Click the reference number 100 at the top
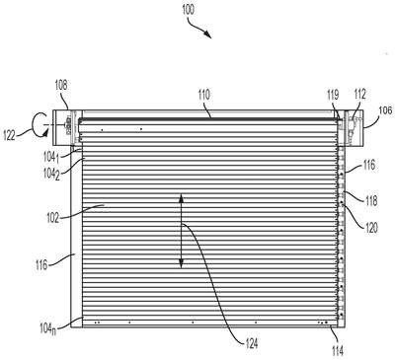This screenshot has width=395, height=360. pyautogui.click(x=188, y=10)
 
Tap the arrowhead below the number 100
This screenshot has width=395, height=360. pyautogui.click(x=207, y=34)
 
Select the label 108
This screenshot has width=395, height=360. pyautogui.click(x=61, y=85)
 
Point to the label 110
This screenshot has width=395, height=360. pyautogui.click(x=203, y=96)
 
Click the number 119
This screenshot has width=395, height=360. pyautogui.click(x=333, y=96)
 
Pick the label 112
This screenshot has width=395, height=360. pyautogui.click(x=359, y=95)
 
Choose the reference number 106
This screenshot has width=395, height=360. pyautogui.click(x=386, y=110)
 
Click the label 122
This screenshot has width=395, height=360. pyautogui.click(x=9, y=135)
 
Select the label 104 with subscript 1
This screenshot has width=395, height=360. pyautogui.click(x=51, y=158)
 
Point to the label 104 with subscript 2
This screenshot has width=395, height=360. pyautogui.click(x=51, y=175)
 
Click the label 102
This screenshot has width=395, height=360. pyautogui.click(x=52, y=218)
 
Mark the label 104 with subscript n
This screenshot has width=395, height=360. pyautogui.click(x=47, y=328)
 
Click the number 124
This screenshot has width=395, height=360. pyautogui.click(x=252, y=343)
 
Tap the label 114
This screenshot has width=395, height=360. pyautogui.click(x=338, y=351)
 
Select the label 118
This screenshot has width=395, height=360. pyautogui.click(x=371, y=201)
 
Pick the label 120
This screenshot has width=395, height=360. pyautogui.click(x=372, y=228)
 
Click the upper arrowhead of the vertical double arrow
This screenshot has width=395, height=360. pyautogui.click(x=181, y=198)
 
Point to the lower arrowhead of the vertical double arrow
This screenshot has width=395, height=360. pyautogui.click(x=181, y=263)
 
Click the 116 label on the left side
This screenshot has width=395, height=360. pyautogui.click(x=41, y=264)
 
